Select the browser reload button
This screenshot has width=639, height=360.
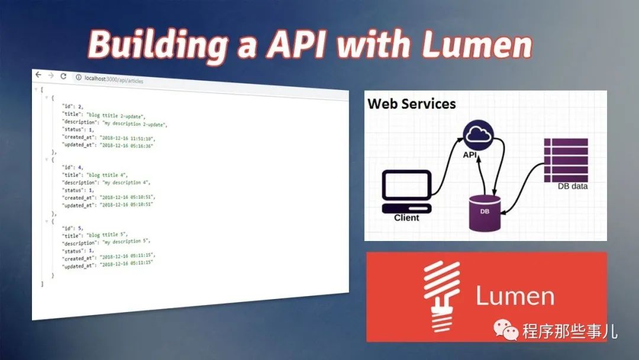63,76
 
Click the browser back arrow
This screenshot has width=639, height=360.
38,75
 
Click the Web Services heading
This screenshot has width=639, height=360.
412,104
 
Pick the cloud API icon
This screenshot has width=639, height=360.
479,136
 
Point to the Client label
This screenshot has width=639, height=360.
406,218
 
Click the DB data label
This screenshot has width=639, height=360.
572,187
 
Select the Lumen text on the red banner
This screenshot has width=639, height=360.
515,297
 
